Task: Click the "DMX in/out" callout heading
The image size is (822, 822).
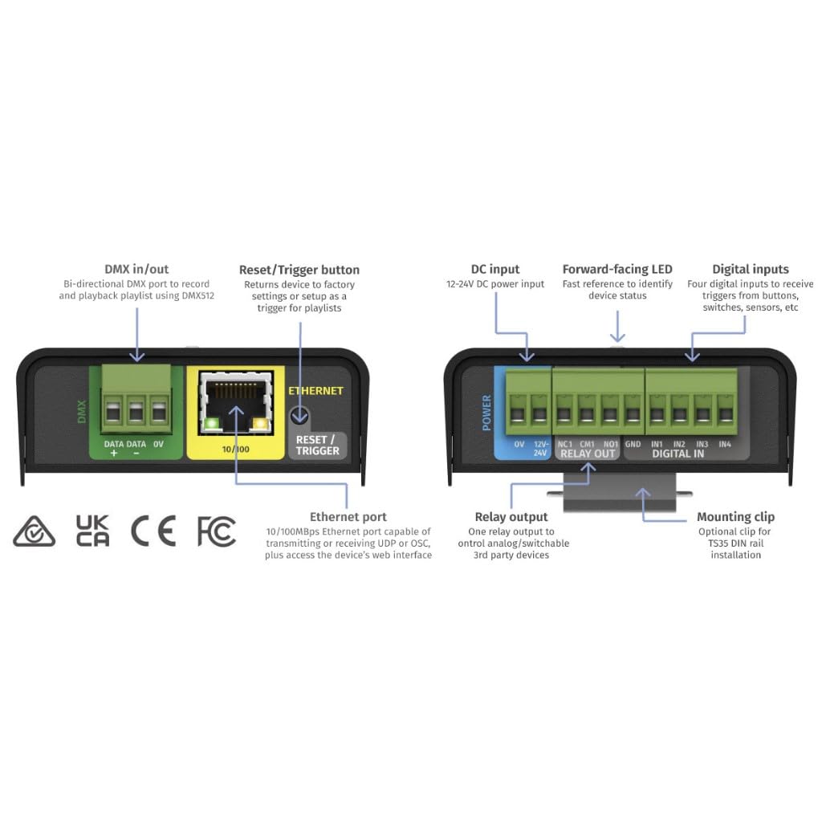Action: [136, 270]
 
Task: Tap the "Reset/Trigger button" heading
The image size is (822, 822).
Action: [299, 270]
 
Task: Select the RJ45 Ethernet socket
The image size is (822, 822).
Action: [235, 401]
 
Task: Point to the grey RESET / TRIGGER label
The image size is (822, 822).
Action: [317, 445]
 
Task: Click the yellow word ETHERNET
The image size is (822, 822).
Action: [315, 391]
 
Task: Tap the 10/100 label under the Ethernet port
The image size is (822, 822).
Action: [235, 450]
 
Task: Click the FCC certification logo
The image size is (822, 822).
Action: [216, 531]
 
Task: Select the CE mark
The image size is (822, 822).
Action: [153, 531]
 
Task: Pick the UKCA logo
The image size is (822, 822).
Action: [92, 531]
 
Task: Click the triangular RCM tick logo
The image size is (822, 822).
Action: [35, 531]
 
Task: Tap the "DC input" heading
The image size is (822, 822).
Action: [494, 270]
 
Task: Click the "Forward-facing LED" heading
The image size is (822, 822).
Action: [617, 270]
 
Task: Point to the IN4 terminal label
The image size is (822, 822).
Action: [725, 443]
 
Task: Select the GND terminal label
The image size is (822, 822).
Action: [633, 443]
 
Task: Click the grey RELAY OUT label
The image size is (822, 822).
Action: [588, 454]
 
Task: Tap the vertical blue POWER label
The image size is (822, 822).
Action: [486, 412]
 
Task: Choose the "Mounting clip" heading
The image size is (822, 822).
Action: [735, 517]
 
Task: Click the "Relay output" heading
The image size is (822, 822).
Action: [511, 517]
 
